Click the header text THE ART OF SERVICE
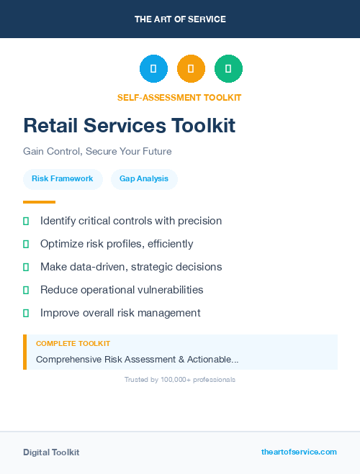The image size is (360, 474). (180, 19)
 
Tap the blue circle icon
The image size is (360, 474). (153, 69)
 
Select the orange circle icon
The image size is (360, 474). (191, 69)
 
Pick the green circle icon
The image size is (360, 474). (228, 69)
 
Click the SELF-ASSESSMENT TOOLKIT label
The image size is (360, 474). (179, 98)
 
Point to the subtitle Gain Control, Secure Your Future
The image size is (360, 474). (97, 152)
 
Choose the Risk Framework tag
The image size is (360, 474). (63, 179)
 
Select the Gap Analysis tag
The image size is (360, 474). (144, 179)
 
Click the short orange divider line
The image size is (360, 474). (39, 202)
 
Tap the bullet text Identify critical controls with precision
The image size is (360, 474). (131, 221)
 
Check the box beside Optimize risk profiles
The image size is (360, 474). (26, 245)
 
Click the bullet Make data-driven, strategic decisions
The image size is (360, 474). (131, 267)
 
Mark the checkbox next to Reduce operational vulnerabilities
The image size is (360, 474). (26, 290)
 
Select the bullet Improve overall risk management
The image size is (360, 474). (120, 313)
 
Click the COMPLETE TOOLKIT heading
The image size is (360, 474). (73, 344)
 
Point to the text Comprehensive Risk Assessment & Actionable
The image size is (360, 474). (137, 359)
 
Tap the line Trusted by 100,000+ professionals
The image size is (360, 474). (180, 379)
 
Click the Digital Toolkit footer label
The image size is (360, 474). (51, 452)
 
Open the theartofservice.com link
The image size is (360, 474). (299, 452)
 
